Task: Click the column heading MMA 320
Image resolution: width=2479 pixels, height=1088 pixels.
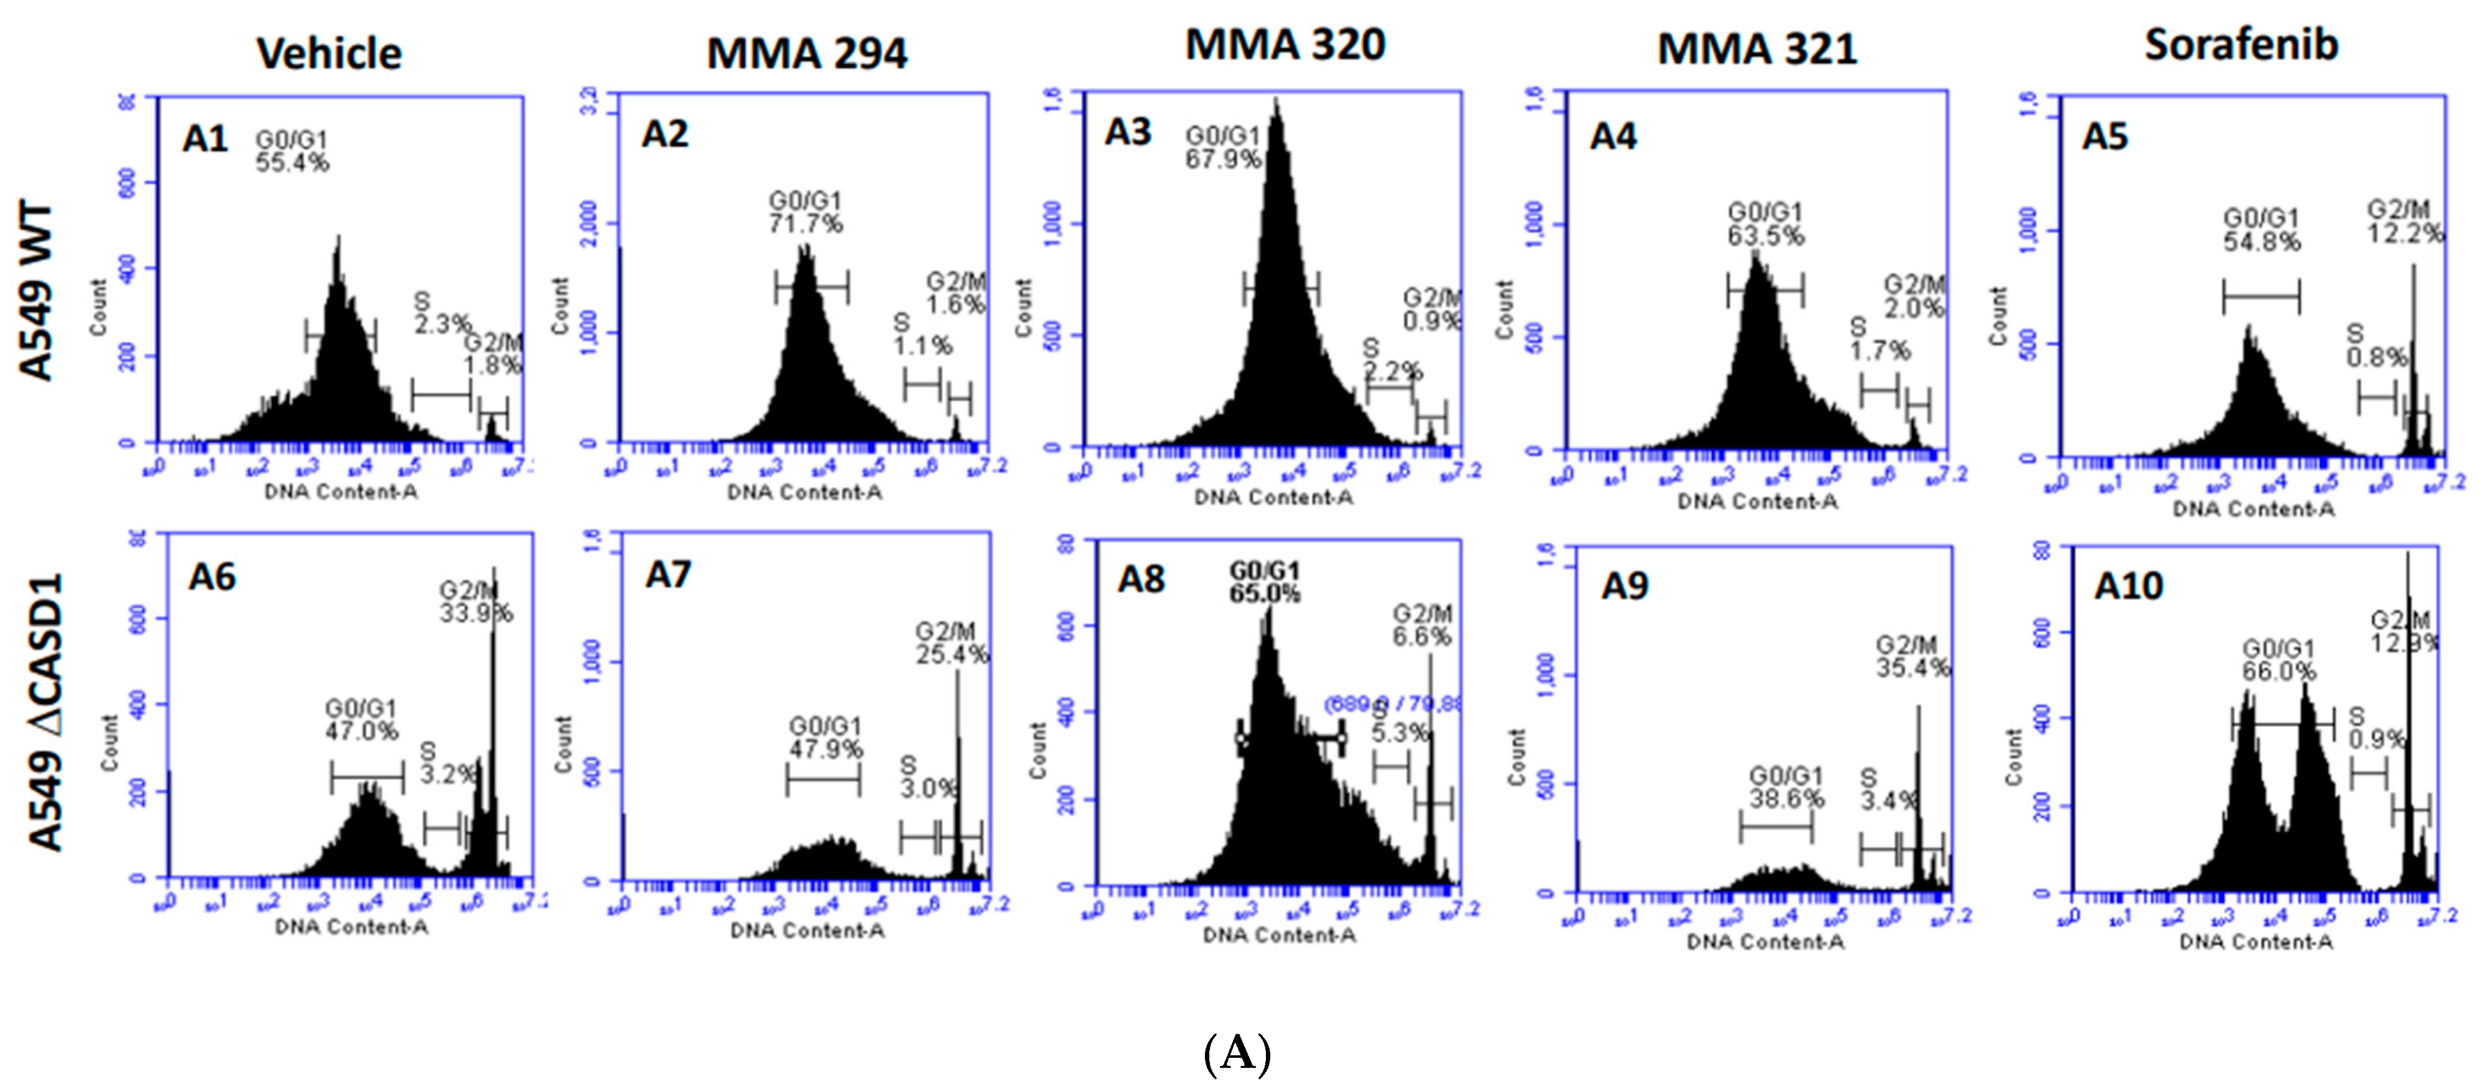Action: click(x=1285, y=45)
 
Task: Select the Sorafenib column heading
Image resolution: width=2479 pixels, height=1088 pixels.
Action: click(x=2241, y=45)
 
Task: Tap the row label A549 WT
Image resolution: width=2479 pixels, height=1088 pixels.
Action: click(x=36, y=291)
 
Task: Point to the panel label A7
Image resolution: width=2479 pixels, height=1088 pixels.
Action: click(x=668, y=575)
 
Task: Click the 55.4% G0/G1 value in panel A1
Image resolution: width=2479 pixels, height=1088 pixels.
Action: click(x=292, y=164)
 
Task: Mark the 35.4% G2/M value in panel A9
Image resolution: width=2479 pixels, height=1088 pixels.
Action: click(x=1912, y=668)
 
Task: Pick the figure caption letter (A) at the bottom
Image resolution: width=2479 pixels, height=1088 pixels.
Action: click(x=1238, y=1053)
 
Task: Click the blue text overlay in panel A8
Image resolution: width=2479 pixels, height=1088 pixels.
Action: click(x=1392, y=704)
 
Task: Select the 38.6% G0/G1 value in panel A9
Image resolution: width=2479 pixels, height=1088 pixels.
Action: click(x=1786, y=799)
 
